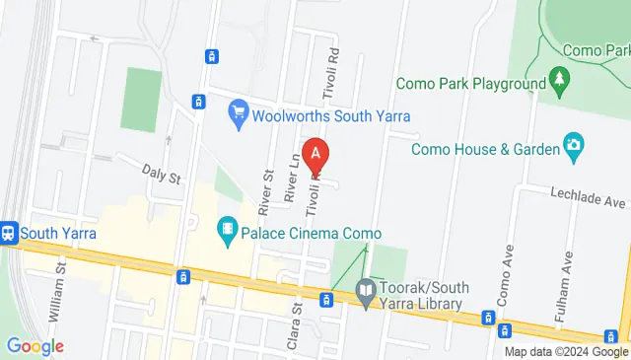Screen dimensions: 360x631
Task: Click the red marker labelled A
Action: click(315, 153)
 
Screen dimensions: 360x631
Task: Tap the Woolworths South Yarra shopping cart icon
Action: click(237, 113)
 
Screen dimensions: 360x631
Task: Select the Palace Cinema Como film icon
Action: click(229, 233)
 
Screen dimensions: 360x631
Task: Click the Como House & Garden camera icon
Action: click(573, 148)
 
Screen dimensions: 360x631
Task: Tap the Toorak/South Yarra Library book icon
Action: click(365, 290)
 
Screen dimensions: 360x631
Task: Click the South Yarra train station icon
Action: click(10, 234)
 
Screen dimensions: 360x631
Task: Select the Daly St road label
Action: click(163, 178)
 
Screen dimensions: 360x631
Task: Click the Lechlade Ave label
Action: click(589, 201)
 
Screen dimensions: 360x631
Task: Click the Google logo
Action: click(35, 346)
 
